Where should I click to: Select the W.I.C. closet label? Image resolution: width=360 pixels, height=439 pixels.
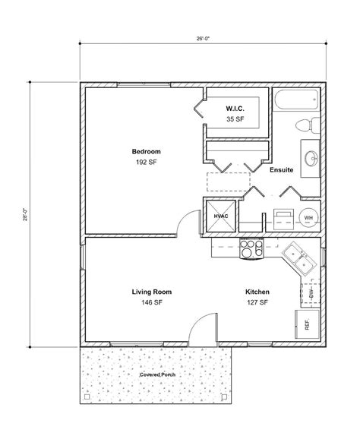234,109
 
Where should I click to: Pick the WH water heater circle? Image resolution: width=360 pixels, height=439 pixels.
308,217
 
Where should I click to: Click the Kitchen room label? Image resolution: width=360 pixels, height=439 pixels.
257,292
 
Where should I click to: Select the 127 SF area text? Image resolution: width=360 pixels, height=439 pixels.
257,302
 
